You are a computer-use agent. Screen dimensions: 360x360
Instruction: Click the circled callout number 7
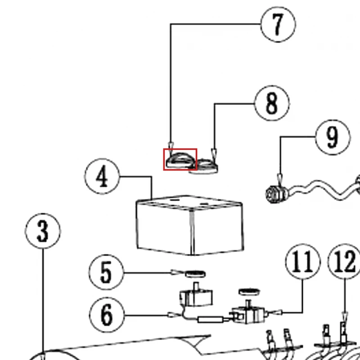pyautogui.click(x=278, y=24)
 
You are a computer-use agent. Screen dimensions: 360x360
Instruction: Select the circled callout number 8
pyautogui.click(x=272, y=103)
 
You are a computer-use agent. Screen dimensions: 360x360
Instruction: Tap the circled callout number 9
pyautogui.click(x=333, y=137)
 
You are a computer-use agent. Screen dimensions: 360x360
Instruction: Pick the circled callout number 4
pyautogui.click(x=102, y=176)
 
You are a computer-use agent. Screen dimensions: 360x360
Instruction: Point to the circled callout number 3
pyautogui.click(x=43, y=231)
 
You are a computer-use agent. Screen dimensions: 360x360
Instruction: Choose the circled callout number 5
pyautogui.click(x=106, y=272)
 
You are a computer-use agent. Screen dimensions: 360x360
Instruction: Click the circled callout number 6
pyautogui.click(x=107, y=315)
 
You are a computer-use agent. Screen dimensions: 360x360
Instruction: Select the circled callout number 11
pyautogui.click(x=302, y=261)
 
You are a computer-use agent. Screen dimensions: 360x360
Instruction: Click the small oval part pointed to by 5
pyautogui.click(x=195, y=274)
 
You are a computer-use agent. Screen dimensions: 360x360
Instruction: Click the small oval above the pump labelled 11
pyautogui.click(x=249, y=292)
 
